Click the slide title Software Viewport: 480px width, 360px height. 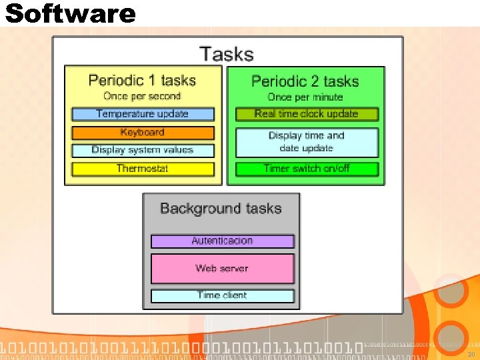pyautogui.click(x=70, y=13)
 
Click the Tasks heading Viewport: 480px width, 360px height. pyautogui.click(x=227, y=53)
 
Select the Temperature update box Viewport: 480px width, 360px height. pyautogui.click(x=143, y=114)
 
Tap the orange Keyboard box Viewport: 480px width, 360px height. pyautogui.click(x=143, y=133)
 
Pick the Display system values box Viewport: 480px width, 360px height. pyautogui.click(x=143, y=151)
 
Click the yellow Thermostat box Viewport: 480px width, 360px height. pyautogui.click(x=143, y=169)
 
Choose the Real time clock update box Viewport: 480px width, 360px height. pyautogui.click(x=307, y=114)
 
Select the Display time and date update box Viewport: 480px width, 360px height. pyautogui.click(x=307, y=142)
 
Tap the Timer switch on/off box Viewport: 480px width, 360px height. pyautogui.click(x=307, y=169)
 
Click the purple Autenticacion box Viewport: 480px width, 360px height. pyautogui.click(x=222, y=241)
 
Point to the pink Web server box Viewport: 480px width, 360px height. pyautogui.click(x=222, y=268)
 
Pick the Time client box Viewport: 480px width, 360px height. pyautogui.click(x=222, y=295)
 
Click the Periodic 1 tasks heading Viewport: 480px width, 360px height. pyautogui.click(x=142, y=81)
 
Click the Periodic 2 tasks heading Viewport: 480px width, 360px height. pyautogui.click(x=305, y=81)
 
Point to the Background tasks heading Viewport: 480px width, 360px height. pyautogui.click(x=221, y=209)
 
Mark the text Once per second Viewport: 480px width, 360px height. pyautogui.click(x=142, y=97)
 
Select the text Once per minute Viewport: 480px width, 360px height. pyautogui.click(x=307, y=97)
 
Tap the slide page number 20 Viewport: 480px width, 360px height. pyautogui.click(x=471, y=354)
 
